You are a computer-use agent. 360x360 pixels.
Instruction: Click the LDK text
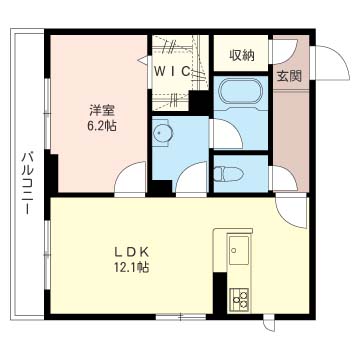(130, 251)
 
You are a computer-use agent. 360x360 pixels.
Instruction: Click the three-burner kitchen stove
(240, 297)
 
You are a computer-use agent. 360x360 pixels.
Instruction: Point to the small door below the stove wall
(270, 326)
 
